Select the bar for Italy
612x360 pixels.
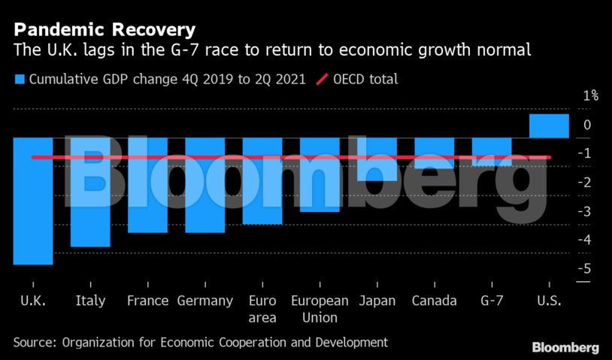90,192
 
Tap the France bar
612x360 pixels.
147,185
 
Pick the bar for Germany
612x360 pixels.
205,185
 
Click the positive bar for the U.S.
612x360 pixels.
549,126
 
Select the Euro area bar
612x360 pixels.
262,180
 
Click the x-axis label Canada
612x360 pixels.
434,301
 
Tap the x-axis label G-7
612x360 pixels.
492,301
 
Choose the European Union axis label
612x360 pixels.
320,308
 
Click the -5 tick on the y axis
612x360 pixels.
586,268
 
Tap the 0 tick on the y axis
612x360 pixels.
588,125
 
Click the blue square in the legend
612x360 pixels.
19,79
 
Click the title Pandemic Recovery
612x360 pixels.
105,30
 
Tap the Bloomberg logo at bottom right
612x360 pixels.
565,347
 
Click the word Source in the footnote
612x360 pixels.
34,342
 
